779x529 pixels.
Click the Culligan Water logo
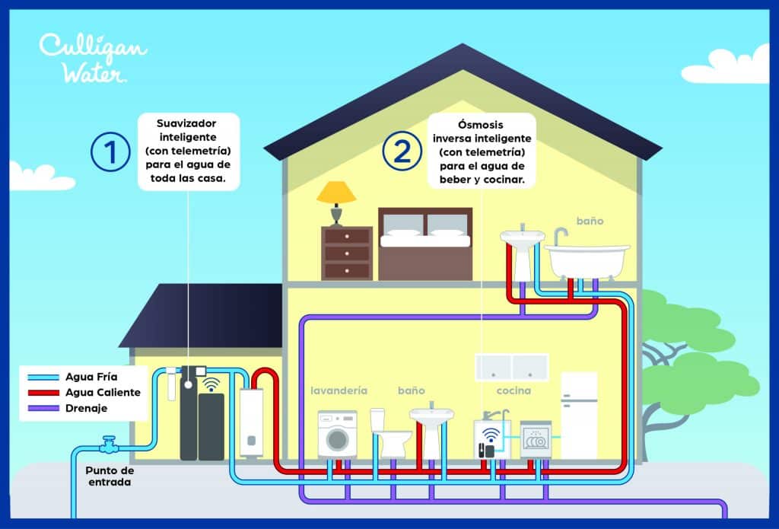pos(93,58)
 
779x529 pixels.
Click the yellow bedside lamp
pos(335,202)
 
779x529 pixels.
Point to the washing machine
pos(337,435)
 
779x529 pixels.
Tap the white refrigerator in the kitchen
pos(578,415)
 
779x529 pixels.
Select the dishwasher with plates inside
pos(536,440)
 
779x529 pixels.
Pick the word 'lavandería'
pos(339,390)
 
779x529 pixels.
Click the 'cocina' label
pos(514,390)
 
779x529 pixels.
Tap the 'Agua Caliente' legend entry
pos(103,392)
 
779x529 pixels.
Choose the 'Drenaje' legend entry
pos(87,409)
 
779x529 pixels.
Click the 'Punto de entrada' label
pos(110,476)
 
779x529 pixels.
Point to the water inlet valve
pos(109,443)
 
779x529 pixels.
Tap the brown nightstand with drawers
pos(347,253)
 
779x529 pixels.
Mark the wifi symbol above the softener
pos(211,383)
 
